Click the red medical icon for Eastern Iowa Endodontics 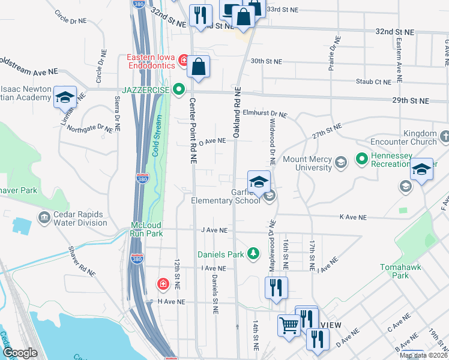[x=182, y=60]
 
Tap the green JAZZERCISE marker [x=178, y=90]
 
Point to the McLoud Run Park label [x=146, y=229]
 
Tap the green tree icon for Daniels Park [x=254, y=254]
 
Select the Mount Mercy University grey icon [x=341, y=162]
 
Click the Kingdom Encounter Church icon [x=444, y=137]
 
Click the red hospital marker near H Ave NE [x=163, y=284]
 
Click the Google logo [x=20, y=353]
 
